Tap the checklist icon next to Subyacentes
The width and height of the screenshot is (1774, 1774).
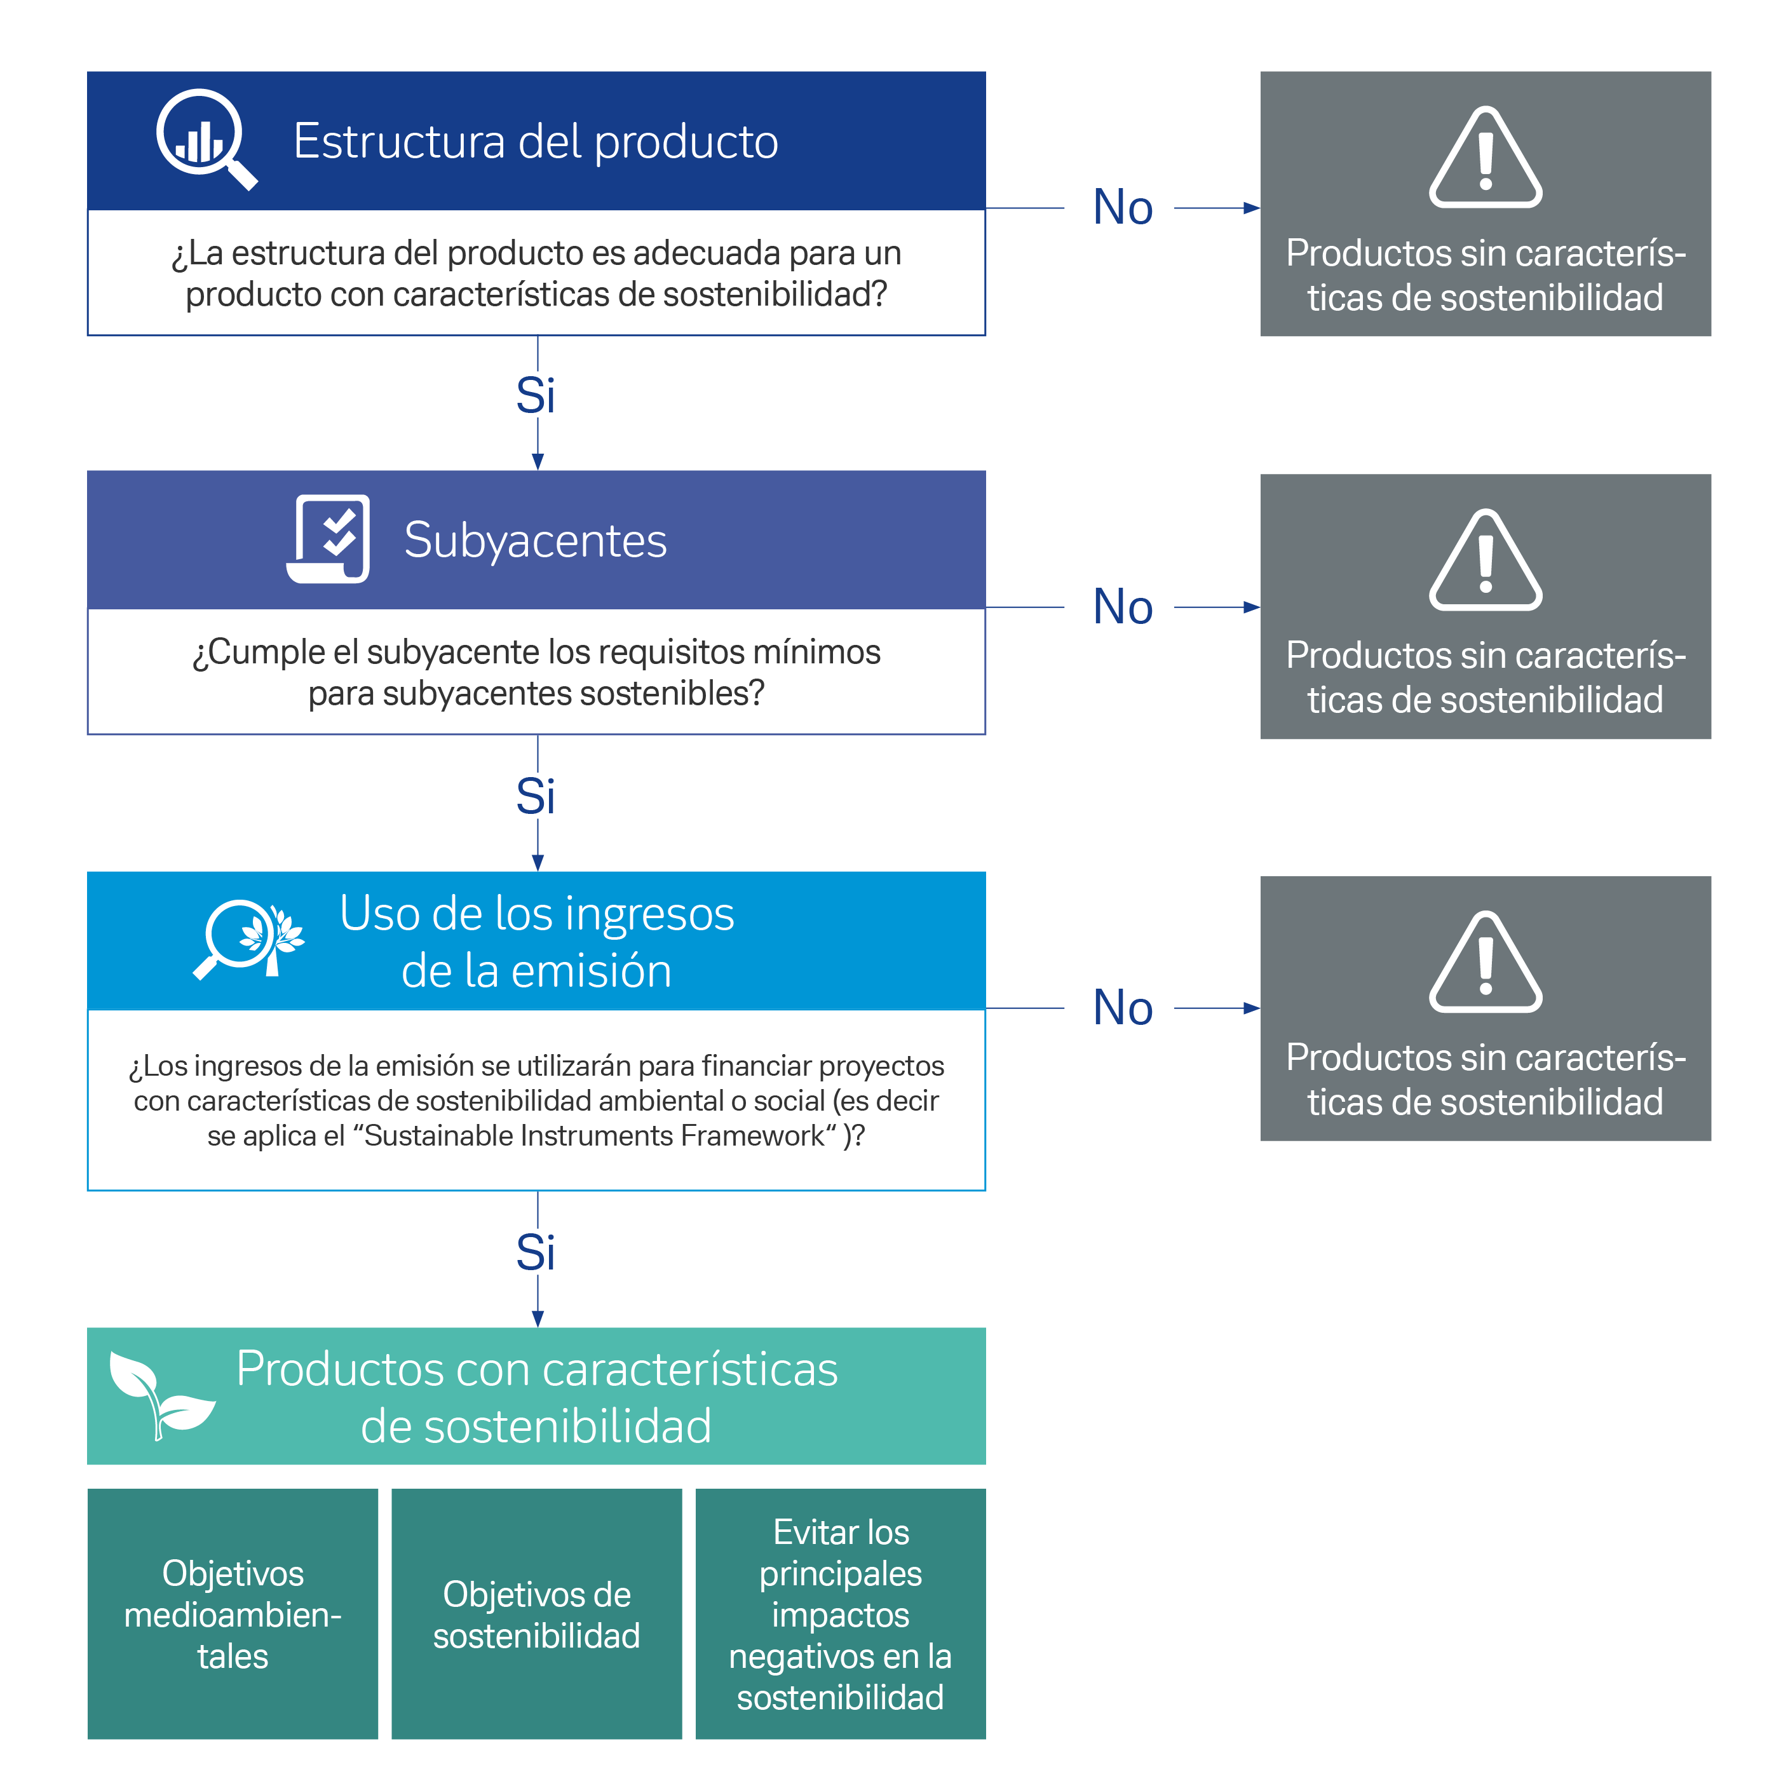[x=328, y=539]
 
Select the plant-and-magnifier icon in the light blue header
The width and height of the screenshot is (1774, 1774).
[x=248, y=939]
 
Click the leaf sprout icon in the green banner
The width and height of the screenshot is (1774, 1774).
[x=159, y=1394]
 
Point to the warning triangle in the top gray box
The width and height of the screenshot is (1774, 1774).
[x=1485, y=159]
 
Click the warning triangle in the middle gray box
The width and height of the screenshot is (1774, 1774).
[x=1485, y=561]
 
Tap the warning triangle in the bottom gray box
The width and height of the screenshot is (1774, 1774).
[x=1485, y=963]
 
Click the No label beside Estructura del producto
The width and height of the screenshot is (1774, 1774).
[x=1122, y=208]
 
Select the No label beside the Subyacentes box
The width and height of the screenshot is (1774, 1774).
[x=1122, y=607]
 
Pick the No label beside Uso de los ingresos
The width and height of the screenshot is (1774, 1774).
[x=1122, y=1008]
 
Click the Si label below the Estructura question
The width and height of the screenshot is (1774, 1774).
[x=536, y=396]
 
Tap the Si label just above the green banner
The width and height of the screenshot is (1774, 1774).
[x=536, y=1252]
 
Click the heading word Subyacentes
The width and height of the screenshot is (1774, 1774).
[x=536, y=540]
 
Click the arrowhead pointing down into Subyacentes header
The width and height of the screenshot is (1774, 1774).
[x=538, y=462]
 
